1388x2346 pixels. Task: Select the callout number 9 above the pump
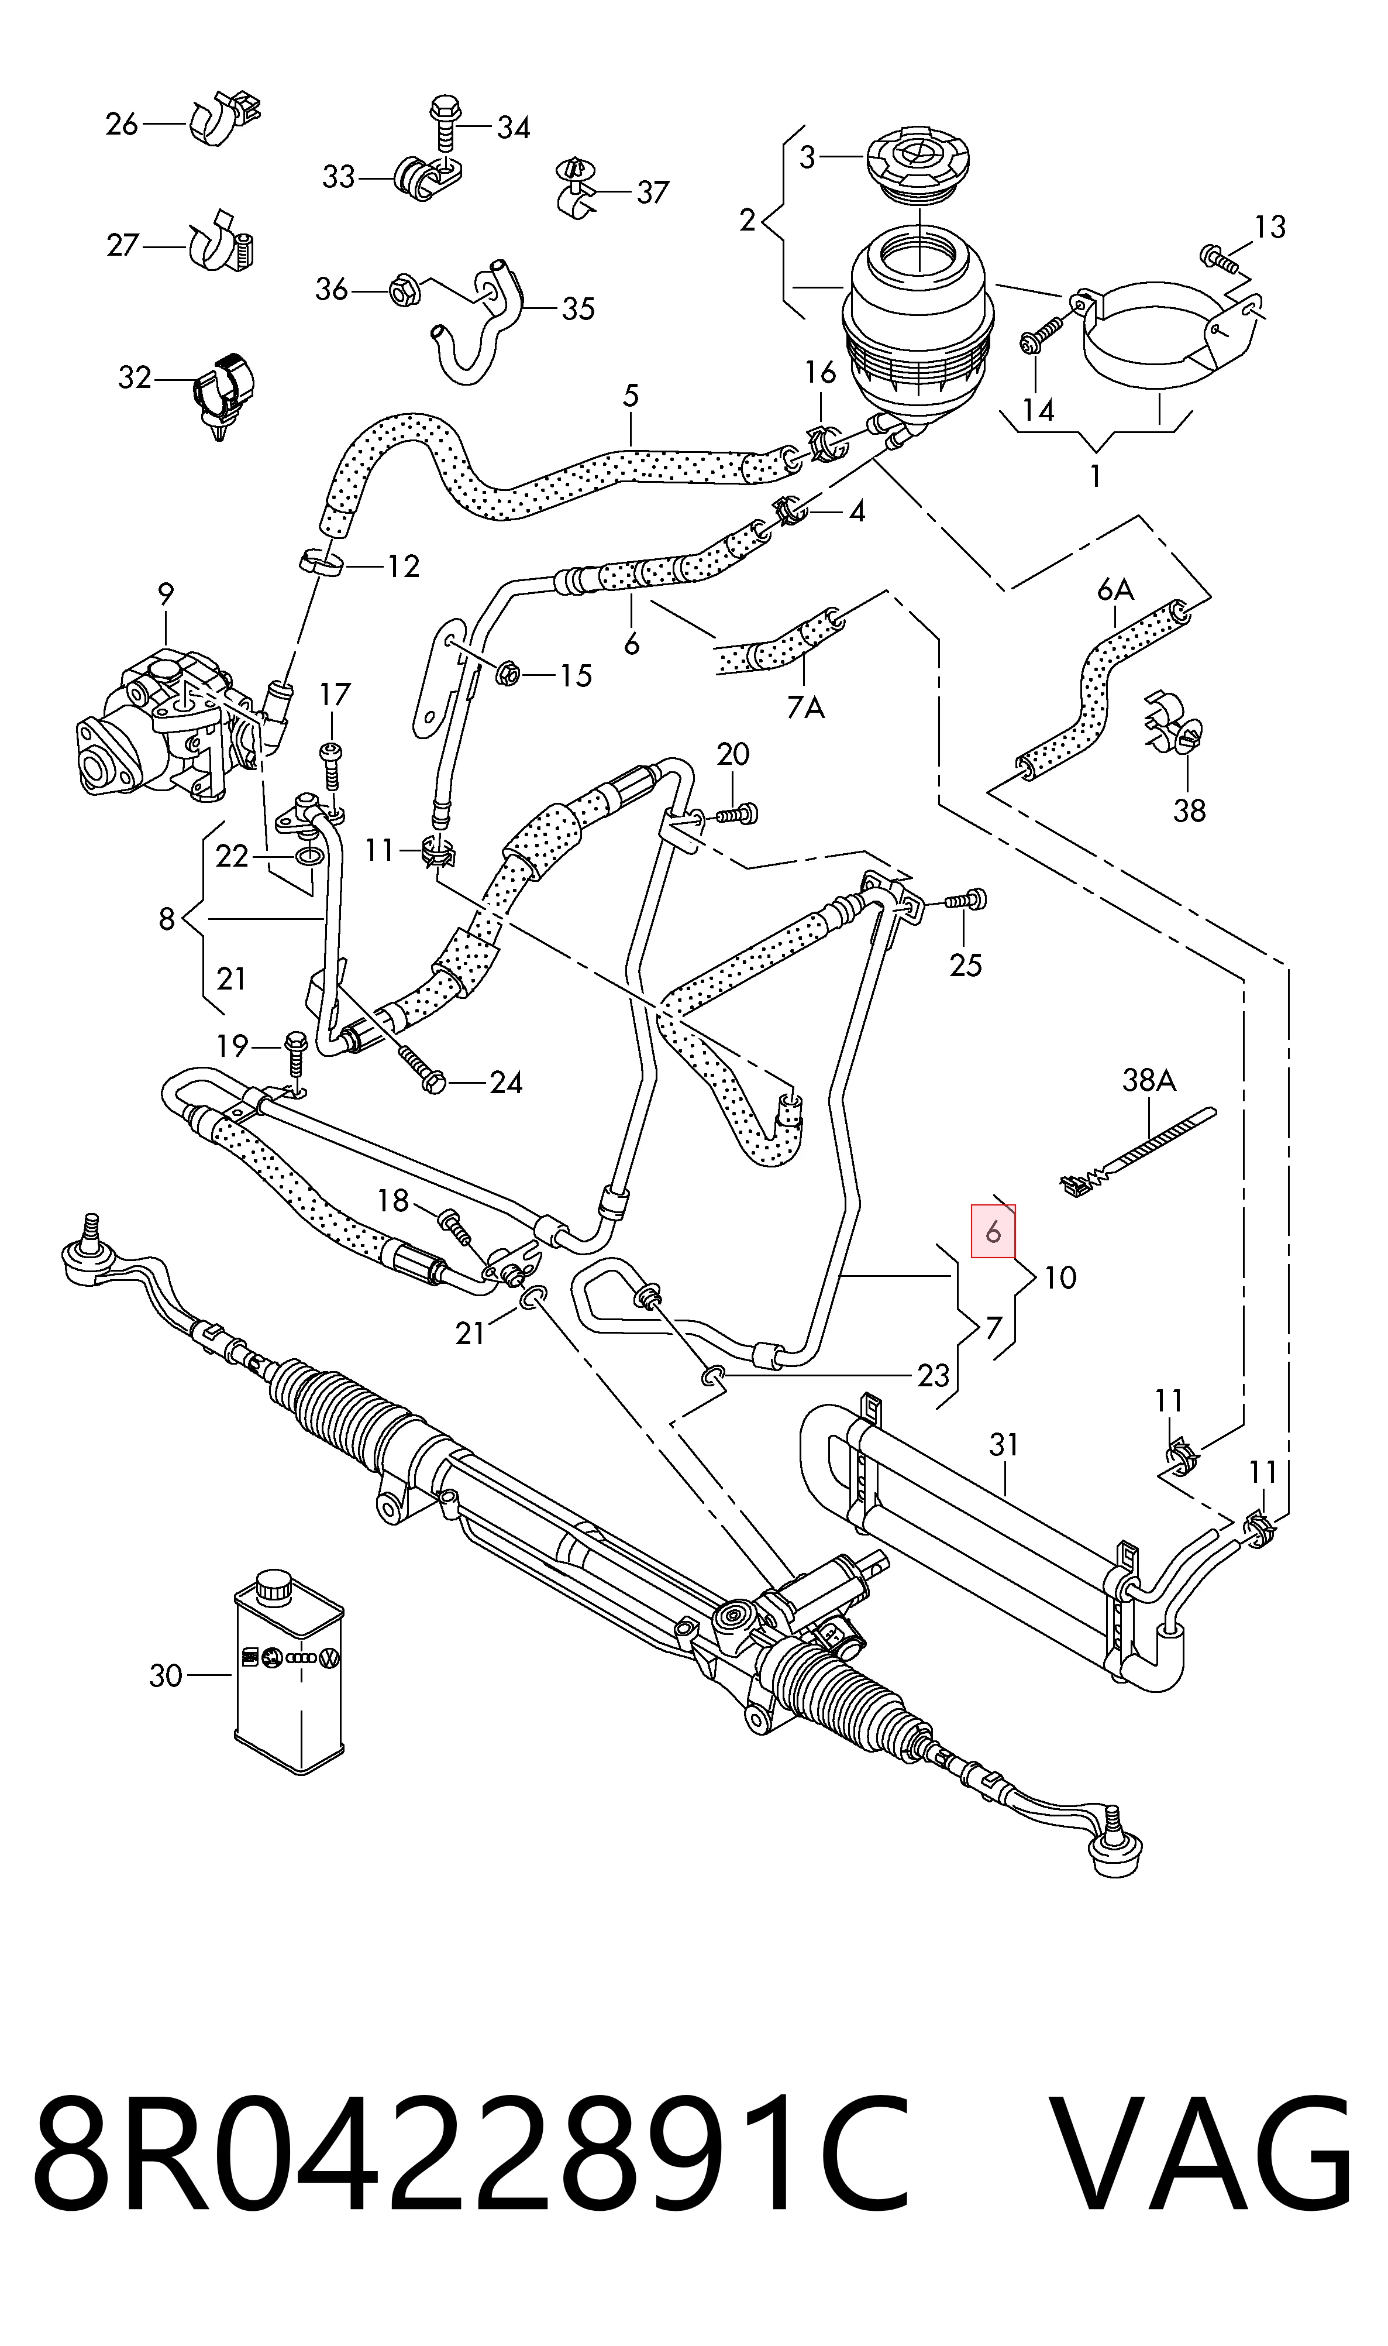(x=166, y=593)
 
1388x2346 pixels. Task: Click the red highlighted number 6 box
(x=993, y=1232)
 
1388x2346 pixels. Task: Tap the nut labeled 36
(x=403, y=290)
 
